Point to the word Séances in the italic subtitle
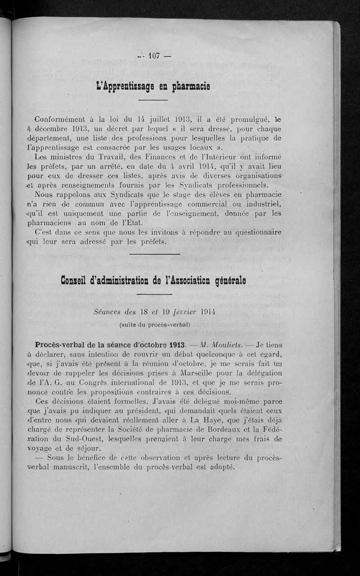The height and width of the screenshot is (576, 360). tap(110, 311)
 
